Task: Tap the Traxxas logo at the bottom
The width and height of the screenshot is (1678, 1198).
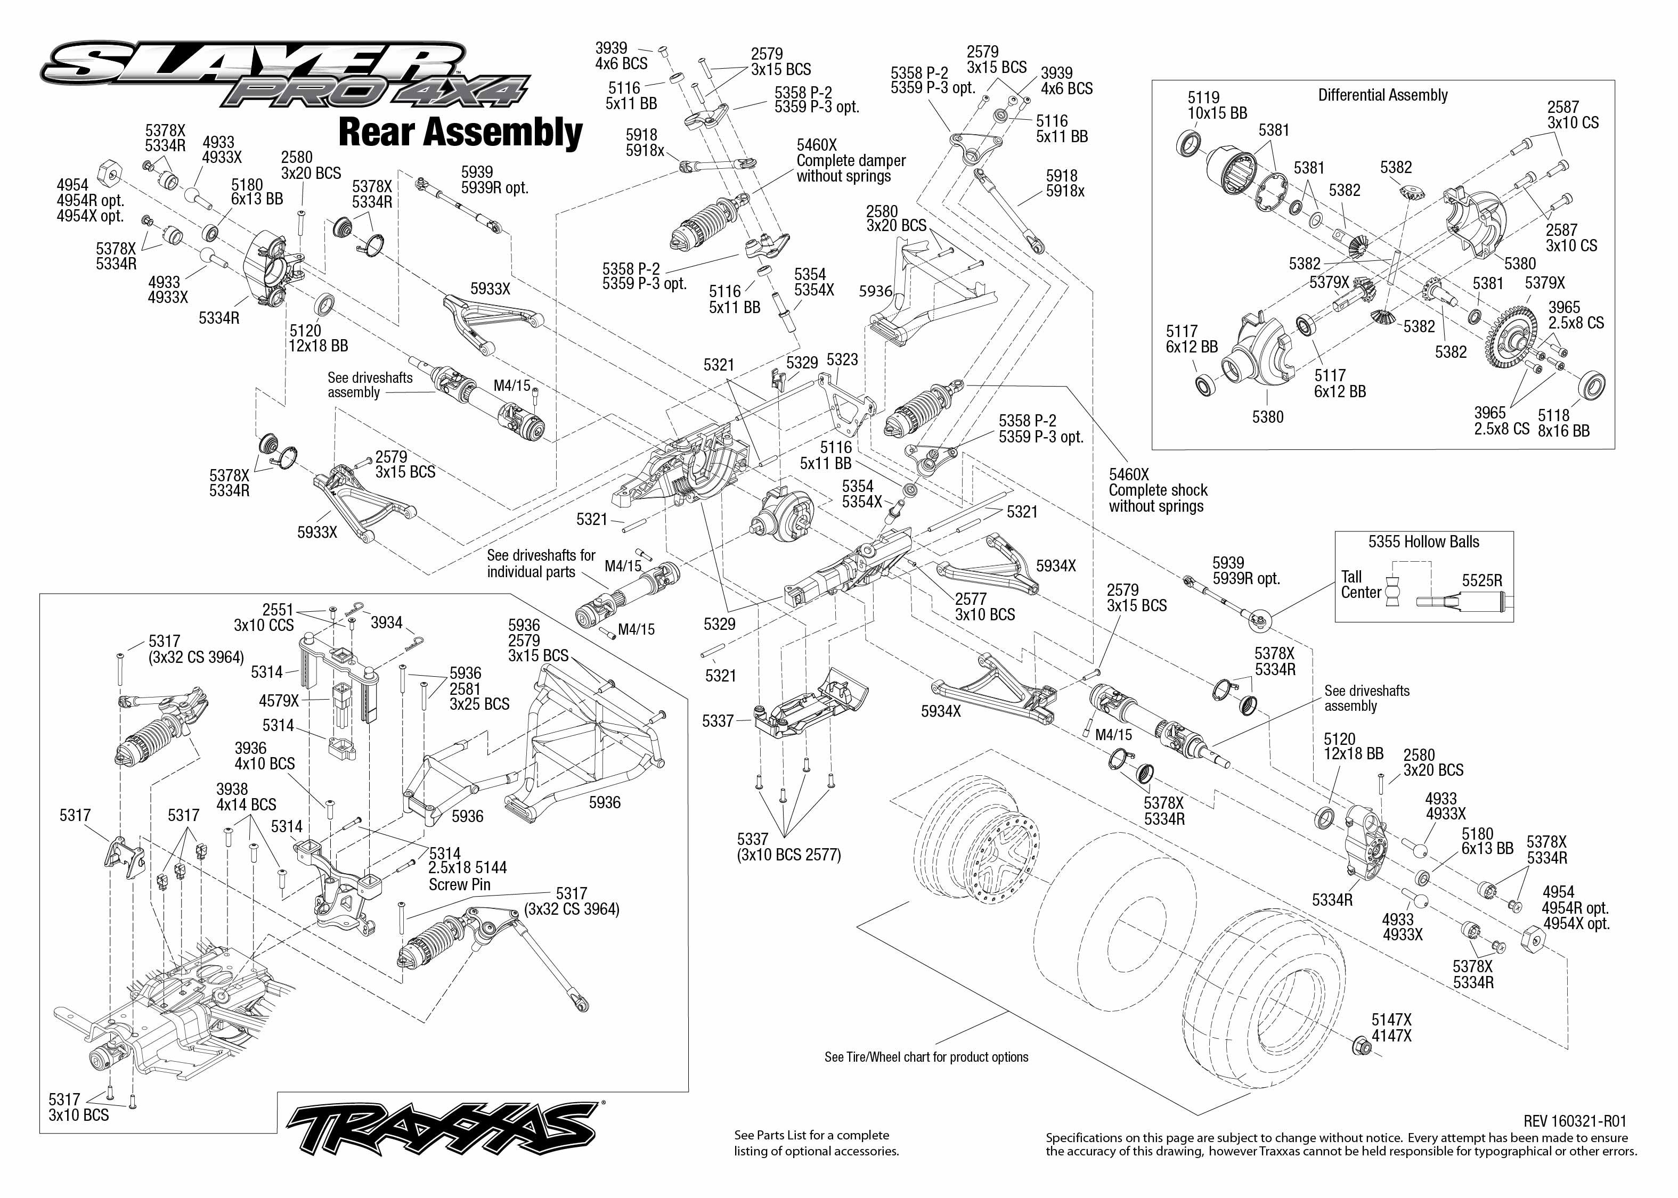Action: tap(443, 1129)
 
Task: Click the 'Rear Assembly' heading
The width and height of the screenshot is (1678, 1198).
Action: tap(460, 133)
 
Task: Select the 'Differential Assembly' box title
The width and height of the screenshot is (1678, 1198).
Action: tap(1382, 95)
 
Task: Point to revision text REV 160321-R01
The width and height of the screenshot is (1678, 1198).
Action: tap(1575, 1121)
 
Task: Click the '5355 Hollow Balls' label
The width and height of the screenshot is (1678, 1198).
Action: tap(1423, 542)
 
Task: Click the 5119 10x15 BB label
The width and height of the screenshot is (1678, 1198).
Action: tap(1217, 105)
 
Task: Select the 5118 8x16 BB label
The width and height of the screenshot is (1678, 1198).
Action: tap(1563, 423)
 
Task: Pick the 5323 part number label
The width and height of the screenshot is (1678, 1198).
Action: tap(842, 359)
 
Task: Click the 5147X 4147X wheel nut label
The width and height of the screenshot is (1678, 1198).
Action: tap(1391, 1028)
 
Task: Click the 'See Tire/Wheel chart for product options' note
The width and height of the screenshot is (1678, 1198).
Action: tap(926, 1057)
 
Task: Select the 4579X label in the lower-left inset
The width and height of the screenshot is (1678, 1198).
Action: tap(279, 701)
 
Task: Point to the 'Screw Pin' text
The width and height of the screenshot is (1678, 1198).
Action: tap(459, 884)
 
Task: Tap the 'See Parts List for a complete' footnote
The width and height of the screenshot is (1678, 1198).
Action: tap(811, 1135)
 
